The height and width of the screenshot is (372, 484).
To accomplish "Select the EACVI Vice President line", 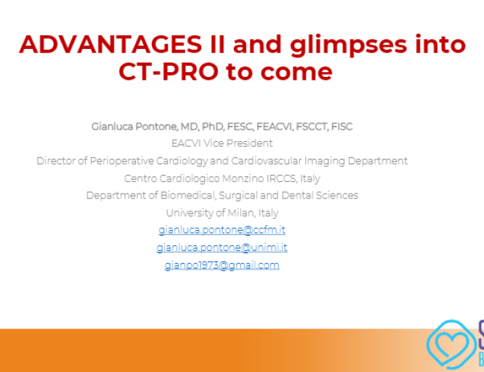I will coord(222,143).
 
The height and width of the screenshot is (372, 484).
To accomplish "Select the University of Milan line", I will coord(222,213).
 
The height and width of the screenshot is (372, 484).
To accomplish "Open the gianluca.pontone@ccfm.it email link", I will coord(222,230).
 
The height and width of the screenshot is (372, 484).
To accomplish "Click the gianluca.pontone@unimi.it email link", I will coord(222,248).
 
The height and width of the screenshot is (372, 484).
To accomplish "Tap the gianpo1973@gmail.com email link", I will coord(222,265).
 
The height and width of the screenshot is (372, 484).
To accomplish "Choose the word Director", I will coord(57,161).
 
